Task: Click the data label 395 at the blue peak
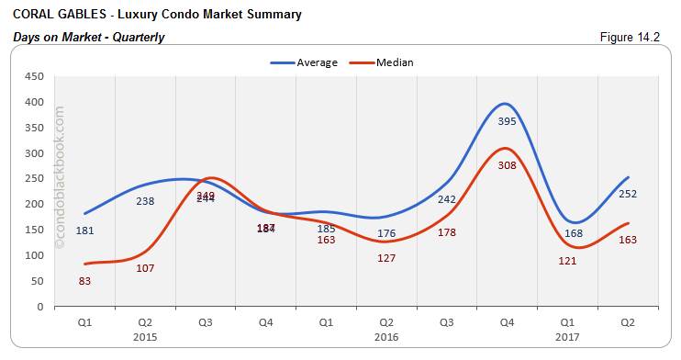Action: (x=508, y=121)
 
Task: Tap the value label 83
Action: (x=84, y=280)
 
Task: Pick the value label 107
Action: (x=145, y=268)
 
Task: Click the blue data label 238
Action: (x=145, y=201)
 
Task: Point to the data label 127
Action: (x=386, y=258)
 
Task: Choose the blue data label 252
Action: (x=628, y=194)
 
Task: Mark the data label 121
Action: (x=567, y=261)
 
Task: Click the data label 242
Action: (x=447, y=199)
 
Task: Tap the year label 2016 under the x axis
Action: (x=386, y=336)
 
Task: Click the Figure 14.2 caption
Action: (x=635, y=38)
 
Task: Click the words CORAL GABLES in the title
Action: (x=53, y=15)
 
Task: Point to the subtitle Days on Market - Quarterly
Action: (x=89, y=38)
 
